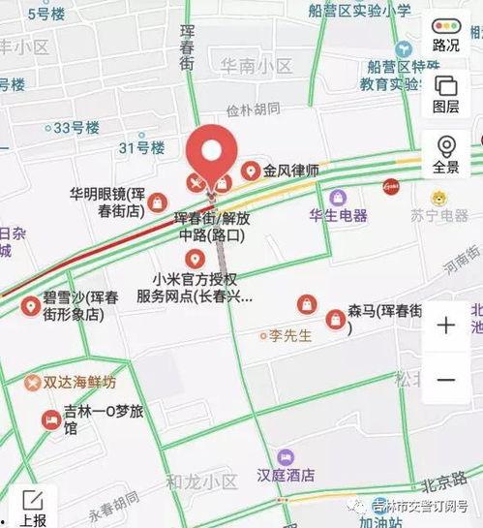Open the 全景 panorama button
(x=446, y=154)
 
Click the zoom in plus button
(x=446, y=326)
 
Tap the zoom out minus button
(x=446, y=379)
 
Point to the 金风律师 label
(x=290, y=171)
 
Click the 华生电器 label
(x=338, y=215)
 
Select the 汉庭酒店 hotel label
(x=286, y=476)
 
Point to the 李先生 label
(x=291, y=336)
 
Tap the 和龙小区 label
(x=201, y=481)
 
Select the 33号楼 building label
(x=77, y=127)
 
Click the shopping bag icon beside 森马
(x=335, y=318)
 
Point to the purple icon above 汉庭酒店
(x=286, y=456)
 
